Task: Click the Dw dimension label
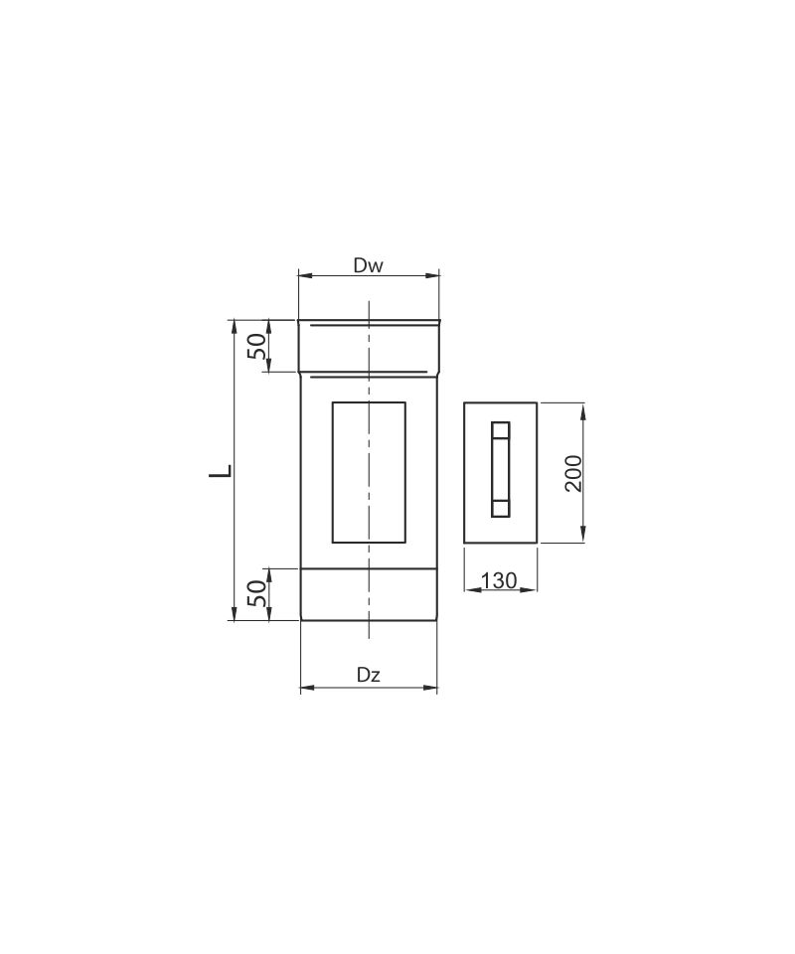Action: [x=369, y=265]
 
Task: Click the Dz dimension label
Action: [x=369, y=675]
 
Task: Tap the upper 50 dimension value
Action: [x=258, y=346]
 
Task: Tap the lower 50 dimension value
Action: [x=258, y=593]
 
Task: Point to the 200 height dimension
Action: [x=573, y=473]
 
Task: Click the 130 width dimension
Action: [x=499, y=580]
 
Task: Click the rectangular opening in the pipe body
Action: [x=369, y=472]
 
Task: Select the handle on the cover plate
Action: [x=500, y=469]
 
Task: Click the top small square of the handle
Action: [x=500, y=430]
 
